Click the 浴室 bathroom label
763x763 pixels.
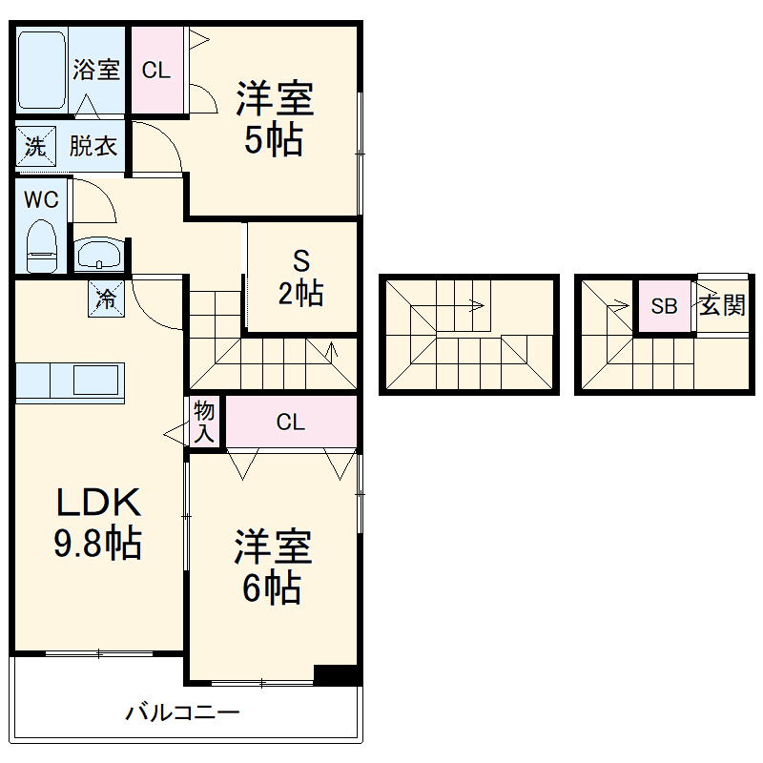tap(96, 70)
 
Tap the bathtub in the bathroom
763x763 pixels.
tap(42, 70)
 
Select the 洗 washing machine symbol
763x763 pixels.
tap(35, 146)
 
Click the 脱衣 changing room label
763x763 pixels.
tap(93, 146)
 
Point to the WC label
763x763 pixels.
tap(41, 199)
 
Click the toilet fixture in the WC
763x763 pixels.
tap(41, 246)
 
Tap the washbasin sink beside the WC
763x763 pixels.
tap(99, 254)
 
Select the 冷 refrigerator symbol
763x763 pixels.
tap(106, 299)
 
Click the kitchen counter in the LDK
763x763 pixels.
tap(70, 382)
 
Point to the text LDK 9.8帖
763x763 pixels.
tap(98, 523)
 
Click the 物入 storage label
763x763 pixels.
tap(204, 422)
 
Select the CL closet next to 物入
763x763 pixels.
tap(291, 422)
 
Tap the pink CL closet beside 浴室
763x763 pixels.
tap(156, 70)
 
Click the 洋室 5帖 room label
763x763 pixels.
tap(275, 118)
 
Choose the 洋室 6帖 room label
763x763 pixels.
tap(273, 567)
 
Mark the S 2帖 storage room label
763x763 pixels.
tap(300, 278)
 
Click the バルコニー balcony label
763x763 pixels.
tap(182, 712)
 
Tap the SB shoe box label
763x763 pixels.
tap(664, 306)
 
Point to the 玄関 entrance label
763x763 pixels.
tap(722, 305)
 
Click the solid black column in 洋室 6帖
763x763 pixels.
tap(337, 674)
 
